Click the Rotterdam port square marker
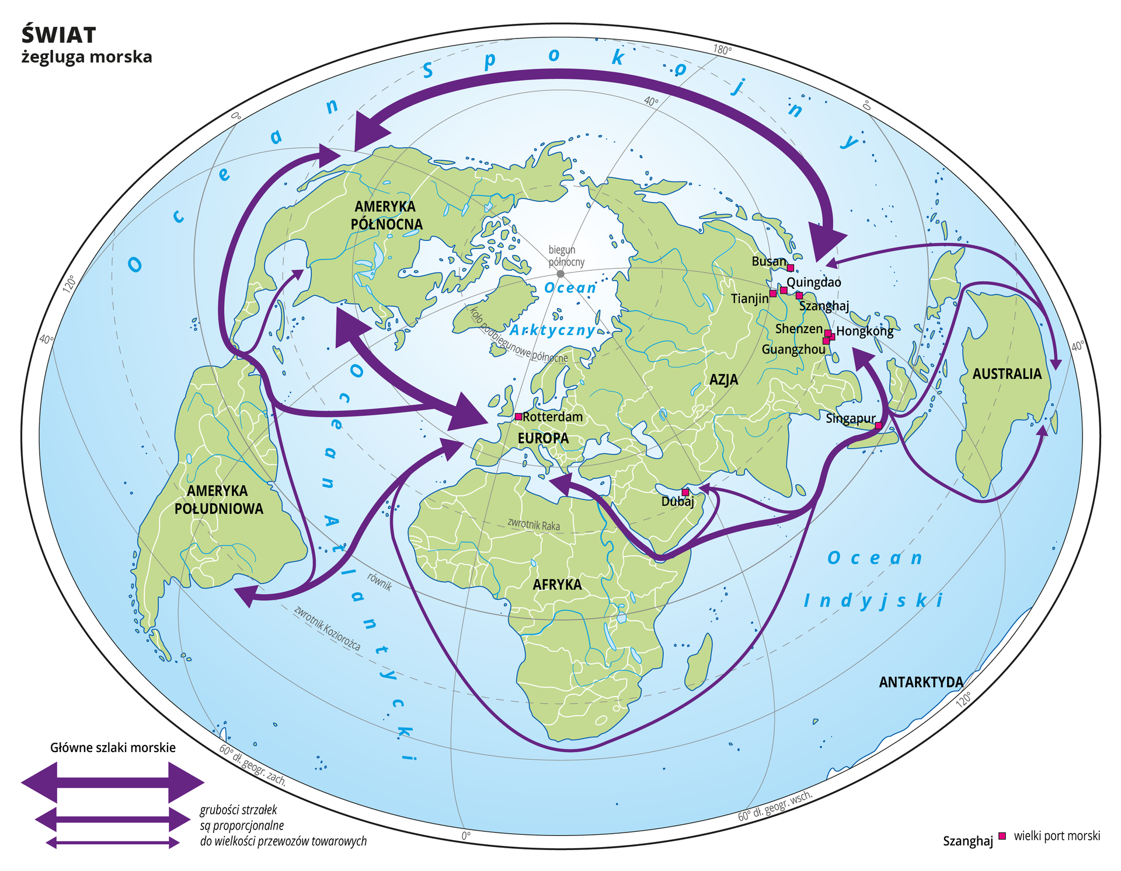pyautogui.click(x=518, y=417)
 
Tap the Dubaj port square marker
pyautogui.click(x=685, y=492)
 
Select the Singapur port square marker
pyautogui.click(x=878, y=426)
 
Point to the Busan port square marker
pyautogui.click(x=791, y=268)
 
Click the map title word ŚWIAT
pyautogui.click(x=59, y=36)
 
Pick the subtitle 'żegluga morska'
pyautogui.click(x=87, y=57)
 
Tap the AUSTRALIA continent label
pyautogui.click(x=1007, y=374)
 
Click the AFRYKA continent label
pyautogui.click(x=557, y=585)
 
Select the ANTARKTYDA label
pyautogui.click(x=921, y=682)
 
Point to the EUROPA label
pyautogui.click(x=543, y=438)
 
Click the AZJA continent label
pyautogui.click(x=723, y=380)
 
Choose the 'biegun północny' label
pyautogui.click(x=566, y=256)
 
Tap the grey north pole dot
pyautogui.click(x=560, y=274)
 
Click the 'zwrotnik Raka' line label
pyautogui.click(x=534, y=524)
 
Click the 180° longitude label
pyautogui.click(x=722, y=50)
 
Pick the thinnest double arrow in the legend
pyautogui.click(x=113, y=842)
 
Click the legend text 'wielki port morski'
pyautogui.click(x=1057, y=836)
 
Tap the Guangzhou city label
pyautogui.click(x=793, y=349)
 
